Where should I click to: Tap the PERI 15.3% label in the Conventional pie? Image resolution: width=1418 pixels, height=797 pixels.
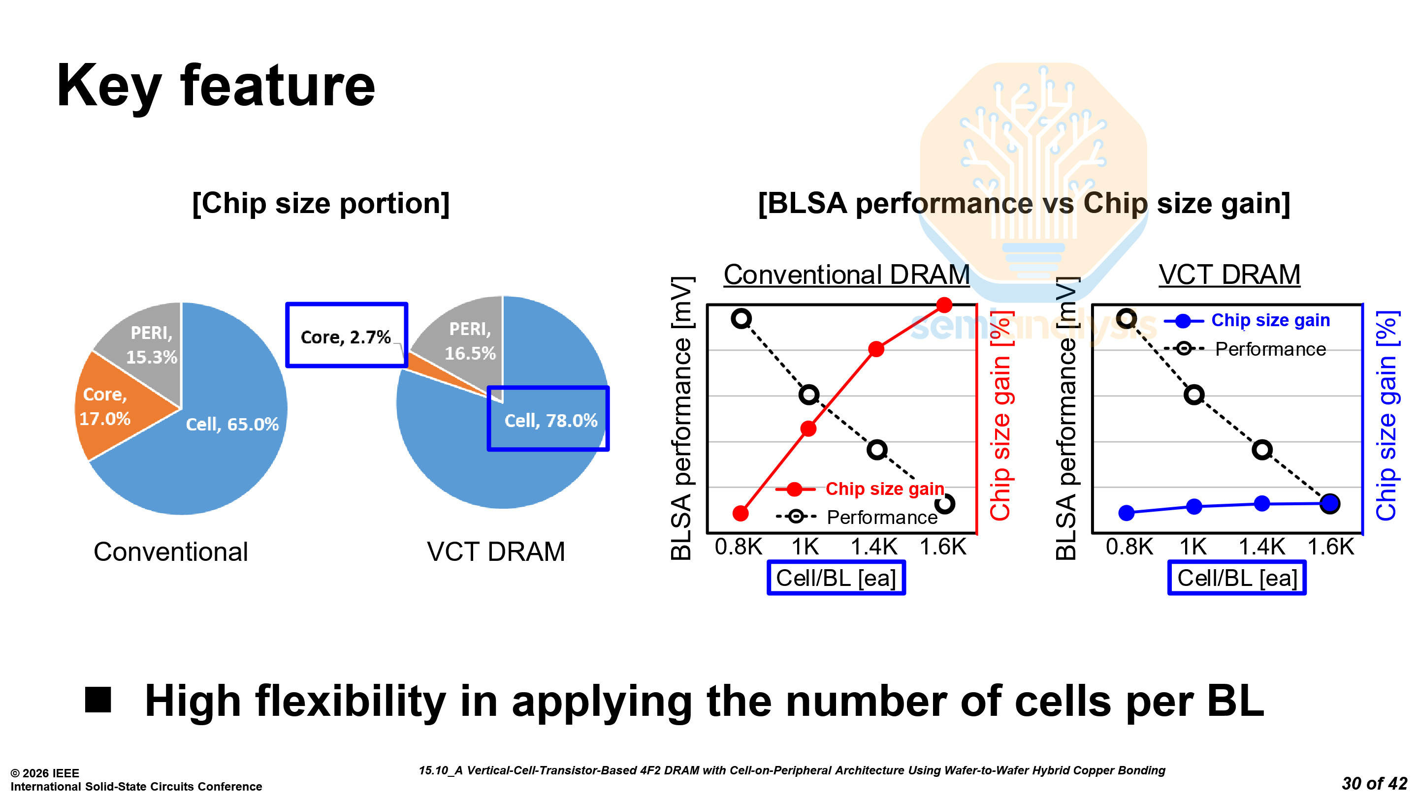151,345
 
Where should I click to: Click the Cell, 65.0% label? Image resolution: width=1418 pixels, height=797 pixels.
232,424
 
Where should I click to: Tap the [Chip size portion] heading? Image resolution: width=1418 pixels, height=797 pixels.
321,204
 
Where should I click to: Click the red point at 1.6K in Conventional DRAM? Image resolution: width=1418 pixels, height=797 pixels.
944,305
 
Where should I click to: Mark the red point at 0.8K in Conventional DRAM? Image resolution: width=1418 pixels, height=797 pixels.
741,514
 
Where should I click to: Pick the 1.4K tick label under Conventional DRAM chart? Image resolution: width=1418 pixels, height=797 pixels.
874,547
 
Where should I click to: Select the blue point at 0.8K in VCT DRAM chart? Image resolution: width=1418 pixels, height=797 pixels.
1127,513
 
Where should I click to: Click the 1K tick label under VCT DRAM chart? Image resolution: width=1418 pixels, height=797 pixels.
1193,547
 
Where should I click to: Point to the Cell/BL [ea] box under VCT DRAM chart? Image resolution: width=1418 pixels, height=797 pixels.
1237,578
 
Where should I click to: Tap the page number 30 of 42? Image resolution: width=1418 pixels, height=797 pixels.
1374,783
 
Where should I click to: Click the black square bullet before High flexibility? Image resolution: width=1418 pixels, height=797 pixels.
98,700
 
